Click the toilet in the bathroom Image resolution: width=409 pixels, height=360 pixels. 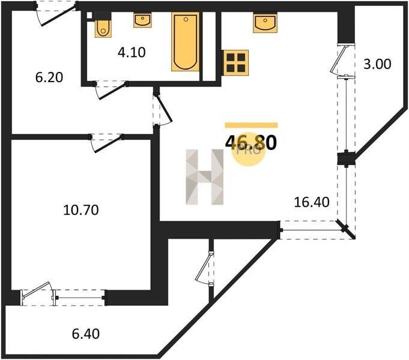[x=103, y=25]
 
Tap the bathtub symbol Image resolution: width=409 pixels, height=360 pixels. [x=186, y=42]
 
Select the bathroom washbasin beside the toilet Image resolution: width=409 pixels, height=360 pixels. [x=142, y=20]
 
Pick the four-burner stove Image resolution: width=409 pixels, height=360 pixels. [x=236, y=62]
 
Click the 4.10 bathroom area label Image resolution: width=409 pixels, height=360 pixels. [x=132, y=53]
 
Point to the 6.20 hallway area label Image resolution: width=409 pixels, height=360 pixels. [x=49, y=77]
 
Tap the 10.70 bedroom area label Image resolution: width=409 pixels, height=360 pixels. [x=81, y=210]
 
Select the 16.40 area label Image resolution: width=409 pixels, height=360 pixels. [x=312, y=202]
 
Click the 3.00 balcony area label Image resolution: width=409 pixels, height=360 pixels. [x=377, y=64]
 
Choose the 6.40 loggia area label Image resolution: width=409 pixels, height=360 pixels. [x=86, y=334]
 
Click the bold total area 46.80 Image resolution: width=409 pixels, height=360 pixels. [x=250, y=143]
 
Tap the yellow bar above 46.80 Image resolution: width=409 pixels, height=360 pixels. [x=252, y=125]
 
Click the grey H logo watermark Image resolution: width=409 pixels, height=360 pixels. [x=204, y=177]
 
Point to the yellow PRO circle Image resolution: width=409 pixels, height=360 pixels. [x=249, y=151]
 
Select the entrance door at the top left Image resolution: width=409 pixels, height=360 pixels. [x=56, y=14]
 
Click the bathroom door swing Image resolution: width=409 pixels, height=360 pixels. [x=111, y=90]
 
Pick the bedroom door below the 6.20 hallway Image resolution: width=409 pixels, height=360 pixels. [x=106, y=143]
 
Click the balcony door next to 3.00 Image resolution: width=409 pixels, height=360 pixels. [x=342, y=61]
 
